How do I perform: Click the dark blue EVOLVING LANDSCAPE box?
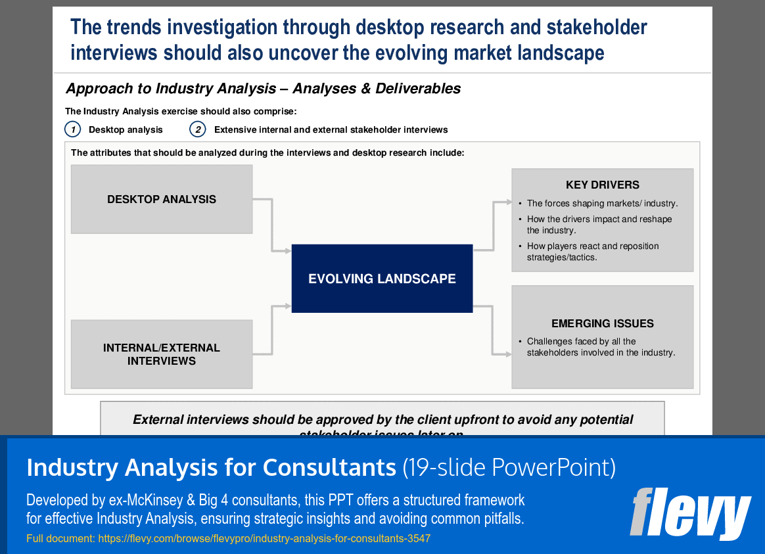382,279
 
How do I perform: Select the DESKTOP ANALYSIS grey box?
162,199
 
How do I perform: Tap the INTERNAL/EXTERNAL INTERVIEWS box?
162,354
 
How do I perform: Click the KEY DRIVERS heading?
602,185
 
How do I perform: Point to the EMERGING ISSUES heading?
602,323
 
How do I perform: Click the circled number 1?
72,129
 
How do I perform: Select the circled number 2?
197,129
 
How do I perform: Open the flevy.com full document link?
264,539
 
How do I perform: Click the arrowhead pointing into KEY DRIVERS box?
507,201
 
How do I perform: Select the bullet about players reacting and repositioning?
592,252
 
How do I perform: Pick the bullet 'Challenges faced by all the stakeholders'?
601,347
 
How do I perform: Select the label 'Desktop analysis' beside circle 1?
126,129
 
